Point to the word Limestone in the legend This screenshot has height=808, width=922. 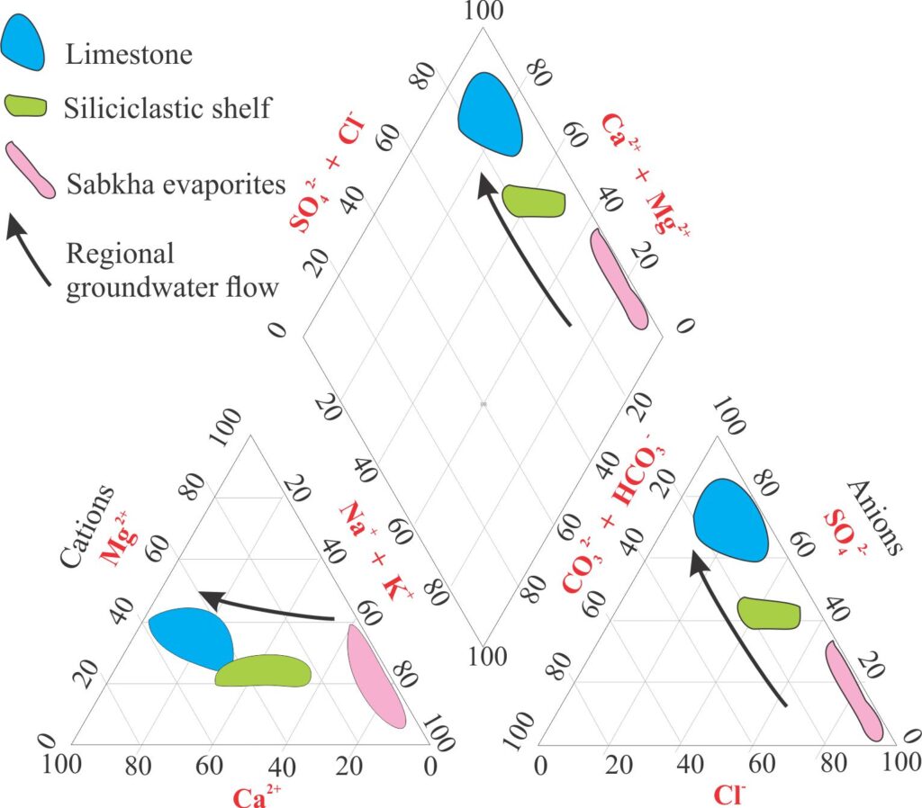click(129, 54)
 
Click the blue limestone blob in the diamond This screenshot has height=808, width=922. click(491, 113)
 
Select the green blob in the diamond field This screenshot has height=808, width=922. click(533, 202)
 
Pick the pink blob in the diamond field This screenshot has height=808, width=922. click(619, 279)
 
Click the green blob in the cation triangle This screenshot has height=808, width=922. click(263, 671)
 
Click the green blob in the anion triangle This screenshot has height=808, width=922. click(769, 613)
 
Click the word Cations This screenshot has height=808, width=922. click(87, 526)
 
